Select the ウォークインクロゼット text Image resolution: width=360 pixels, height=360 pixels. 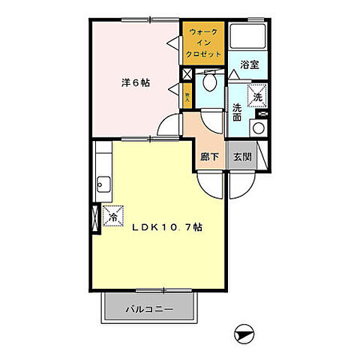tap(205, 43)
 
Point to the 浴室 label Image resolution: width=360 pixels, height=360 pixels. tap(250, 65)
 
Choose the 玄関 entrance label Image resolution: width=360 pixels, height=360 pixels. tap(242, 157)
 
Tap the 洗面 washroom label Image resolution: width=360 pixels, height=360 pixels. tap(236, 111)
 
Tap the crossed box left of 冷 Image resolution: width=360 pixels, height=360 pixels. tap(94, 217)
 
